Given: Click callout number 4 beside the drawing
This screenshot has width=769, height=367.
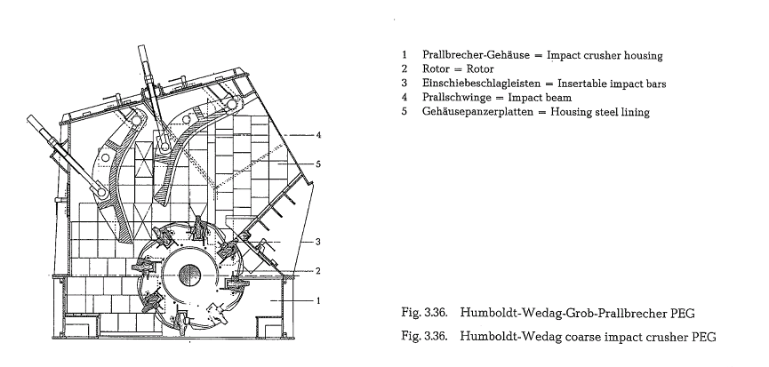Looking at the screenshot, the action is [x=318, y=134].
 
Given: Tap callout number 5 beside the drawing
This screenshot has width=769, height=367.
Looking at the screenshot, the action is [x=318, y=164].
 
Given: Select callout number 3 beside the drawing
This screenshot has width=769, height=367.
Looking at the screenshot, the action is [x=318, y=242].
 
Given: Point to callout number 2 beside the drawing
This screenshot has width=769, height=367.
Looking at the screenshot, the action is [x=318, y=270].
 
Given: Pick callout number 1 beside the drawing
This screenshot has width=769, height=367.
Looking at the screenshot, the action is [x=318, y=300].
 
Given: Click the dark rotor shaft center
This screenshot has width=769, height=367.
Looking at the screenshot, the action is [x=188, y=275].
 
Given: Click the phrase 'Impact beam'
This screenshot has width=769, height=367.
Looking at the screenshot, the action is [x=540, y=98].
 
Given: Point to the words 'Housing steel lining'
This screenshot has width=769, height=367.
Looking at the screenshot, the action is [x=600, y=112].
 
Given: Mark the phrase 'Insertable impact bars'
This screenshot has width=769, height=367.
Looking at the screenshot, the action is [x=612, y=84].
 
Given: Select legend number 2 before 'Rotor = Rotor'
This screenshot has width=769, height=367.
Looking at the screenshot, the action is [x=405, y=69].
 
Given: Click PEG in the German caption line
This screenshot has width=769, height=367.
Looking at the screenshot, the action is [x=682, y=313].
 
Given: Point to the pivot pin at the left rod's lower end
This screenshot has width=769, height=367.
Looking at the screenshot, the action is [x=102, y=192].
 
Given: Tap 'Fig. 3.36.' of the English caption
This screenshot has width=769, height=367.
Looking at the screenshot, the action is [x=424, y=337].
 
